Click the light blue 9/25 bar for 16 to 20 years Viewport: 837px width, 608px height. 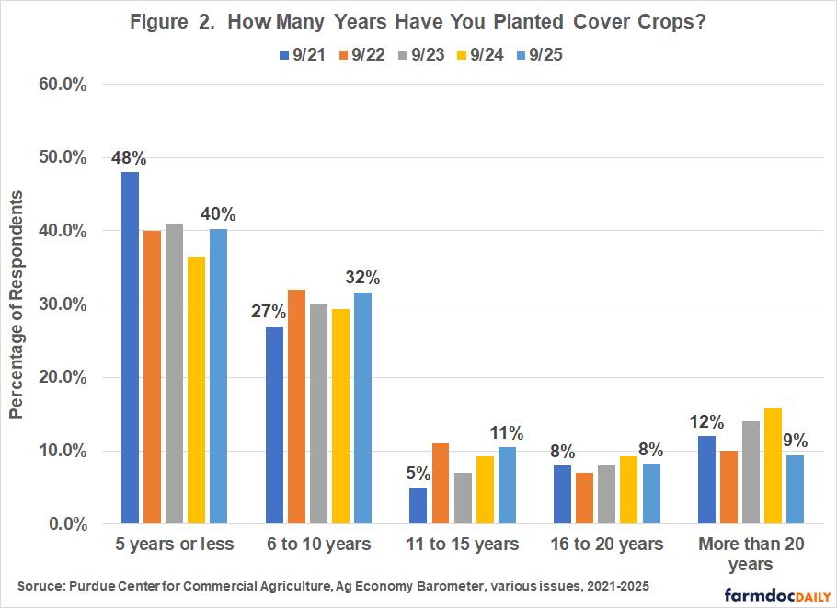click(650, 494)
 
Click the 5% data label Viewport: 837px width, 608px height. click(419, 475)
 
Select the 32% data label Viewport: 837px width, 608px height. click(362, 278)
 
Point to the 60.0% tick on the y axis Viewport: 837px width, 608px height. click(62, 85)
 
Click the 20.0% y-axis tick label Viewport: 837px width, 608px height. click(62, 378)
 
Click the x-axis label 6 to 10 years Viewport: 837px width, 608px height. click(320, 545)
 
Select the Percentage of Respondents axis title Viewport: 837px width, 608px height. click(17, 304)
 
